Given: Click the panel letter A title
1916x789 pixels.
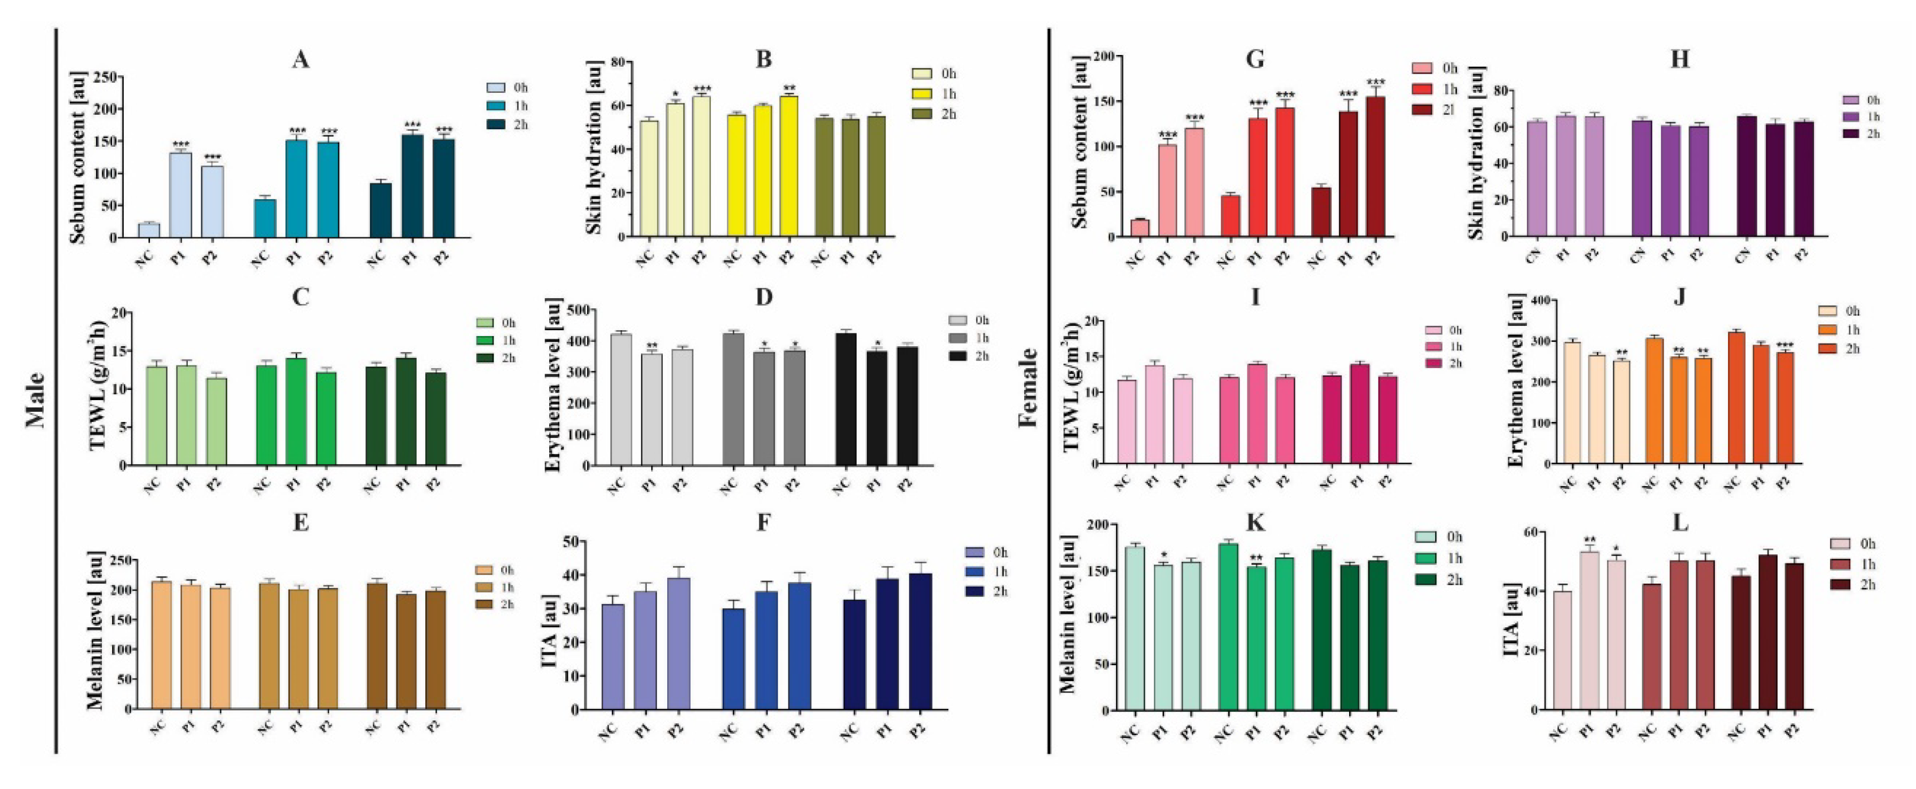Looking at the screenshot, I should point(300,60).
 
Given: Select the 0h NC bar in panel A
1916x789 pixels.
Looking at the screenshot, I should point(149,230).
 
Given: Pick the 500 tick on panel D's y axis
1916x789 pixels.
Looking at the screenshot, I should point(580,309).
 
